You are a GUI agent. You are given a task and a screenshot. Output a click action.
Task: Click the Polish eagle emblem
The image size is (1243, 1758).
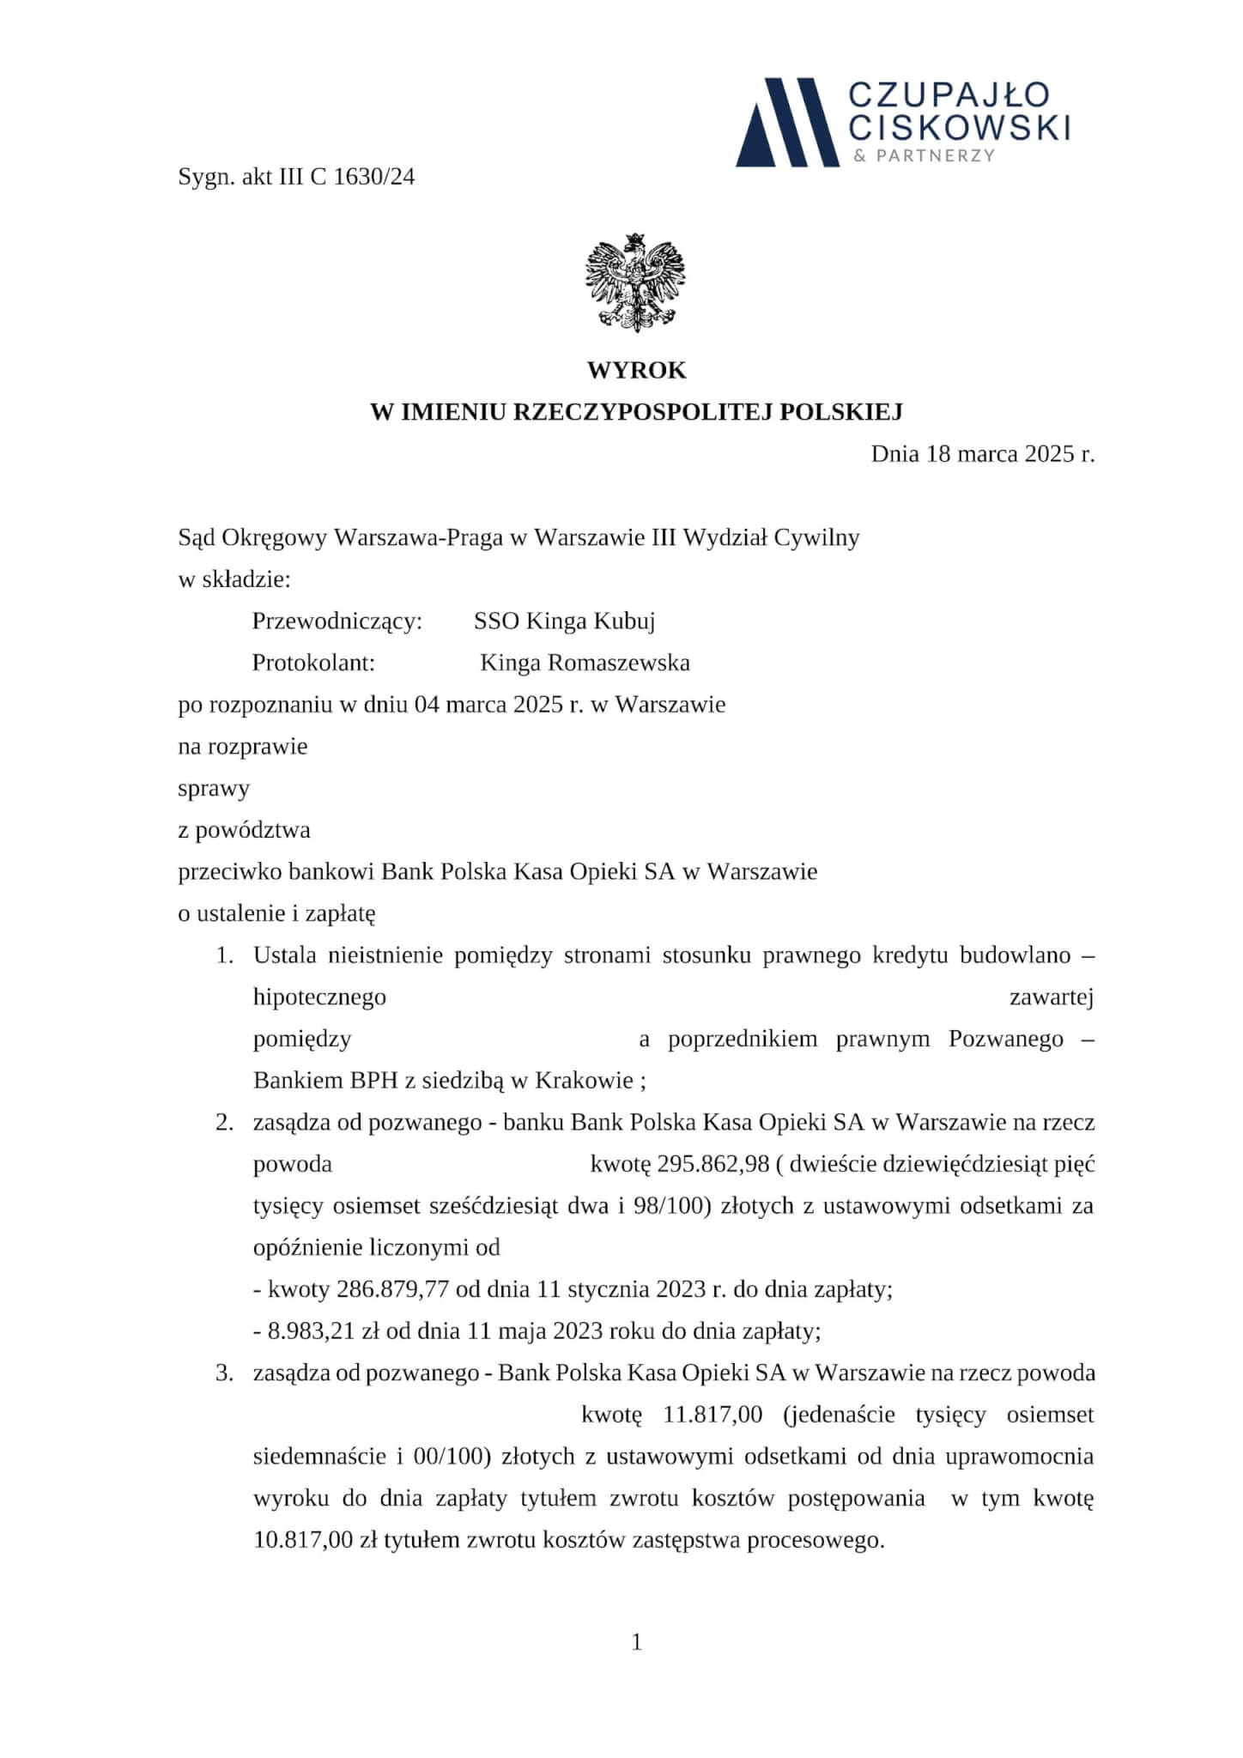635,282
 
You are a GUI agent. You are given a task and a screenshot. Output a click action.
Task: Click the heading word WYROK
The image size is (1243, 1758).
636,371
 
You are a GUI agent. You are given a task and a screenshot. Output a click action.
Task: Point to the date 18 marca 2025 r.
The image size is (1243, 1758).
1010,453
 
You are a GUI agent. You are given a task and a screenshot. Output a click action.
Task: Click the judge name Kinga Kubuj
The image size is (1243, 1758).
590,621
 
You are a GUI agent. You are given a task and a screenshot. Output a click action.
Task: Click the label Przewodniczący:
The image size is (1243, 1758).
337,621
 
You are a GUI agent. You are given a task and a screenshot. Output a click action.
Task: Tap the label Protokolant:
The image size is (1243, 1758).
314,663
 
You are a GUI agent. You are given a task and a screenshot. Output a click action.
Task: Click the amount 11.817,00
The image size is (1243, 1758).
712,1415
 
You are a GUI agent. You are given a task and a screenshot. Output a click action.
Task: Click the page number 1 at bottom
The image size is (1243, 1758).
636,1641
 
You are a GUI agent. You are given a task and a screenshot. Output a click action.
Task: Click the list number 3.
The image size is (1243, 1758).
224,1373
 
